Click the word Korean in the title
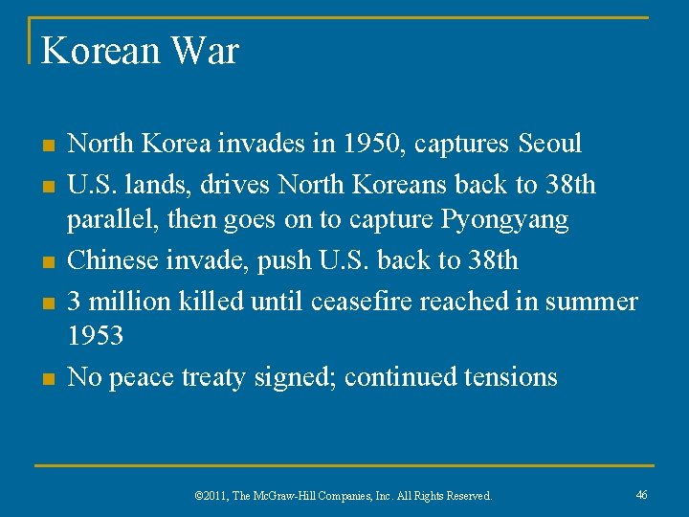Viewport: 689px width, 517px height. [100, 51]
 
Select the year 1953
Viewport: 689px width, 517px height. [96, 336]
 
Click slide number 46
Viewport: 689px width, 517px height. [641, 495]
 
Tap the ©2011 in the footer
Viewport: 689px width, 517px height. [209, 496]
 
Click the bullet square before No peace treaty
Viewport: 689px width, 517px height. [49, 380]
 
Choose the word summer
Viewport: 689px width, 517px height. [589, 301]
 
